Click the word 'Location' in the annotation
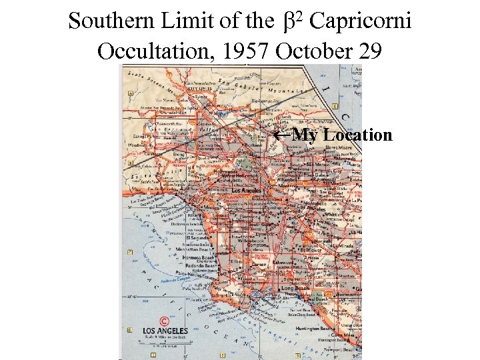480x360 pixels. point(357,135)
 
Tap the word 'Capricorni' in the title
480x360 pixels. point(360,21)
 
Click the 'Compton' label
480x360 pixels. point(257,245)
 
